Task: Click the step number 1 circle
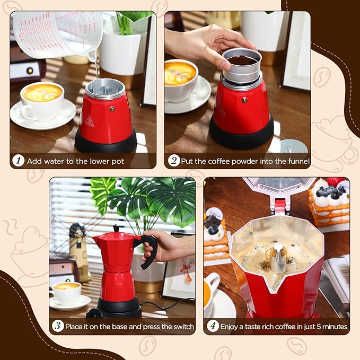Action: [x=19, y=161]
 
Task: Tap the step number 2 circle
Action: [x=174, y=161]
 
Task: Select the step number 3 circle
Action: [x=58, y=326]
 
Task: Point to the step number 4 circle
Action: [x=212, y=326]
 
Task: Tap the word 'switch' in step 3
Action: [x=181, y=326]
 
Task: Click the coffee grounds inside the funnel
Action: [x=242, y=60]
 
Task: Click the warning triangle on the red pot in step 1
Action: [x=89, y=121]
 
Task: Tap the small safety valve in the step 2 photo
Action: [x=244, y=100]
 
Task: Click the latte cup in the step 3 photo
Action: [x=67, y=292]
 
